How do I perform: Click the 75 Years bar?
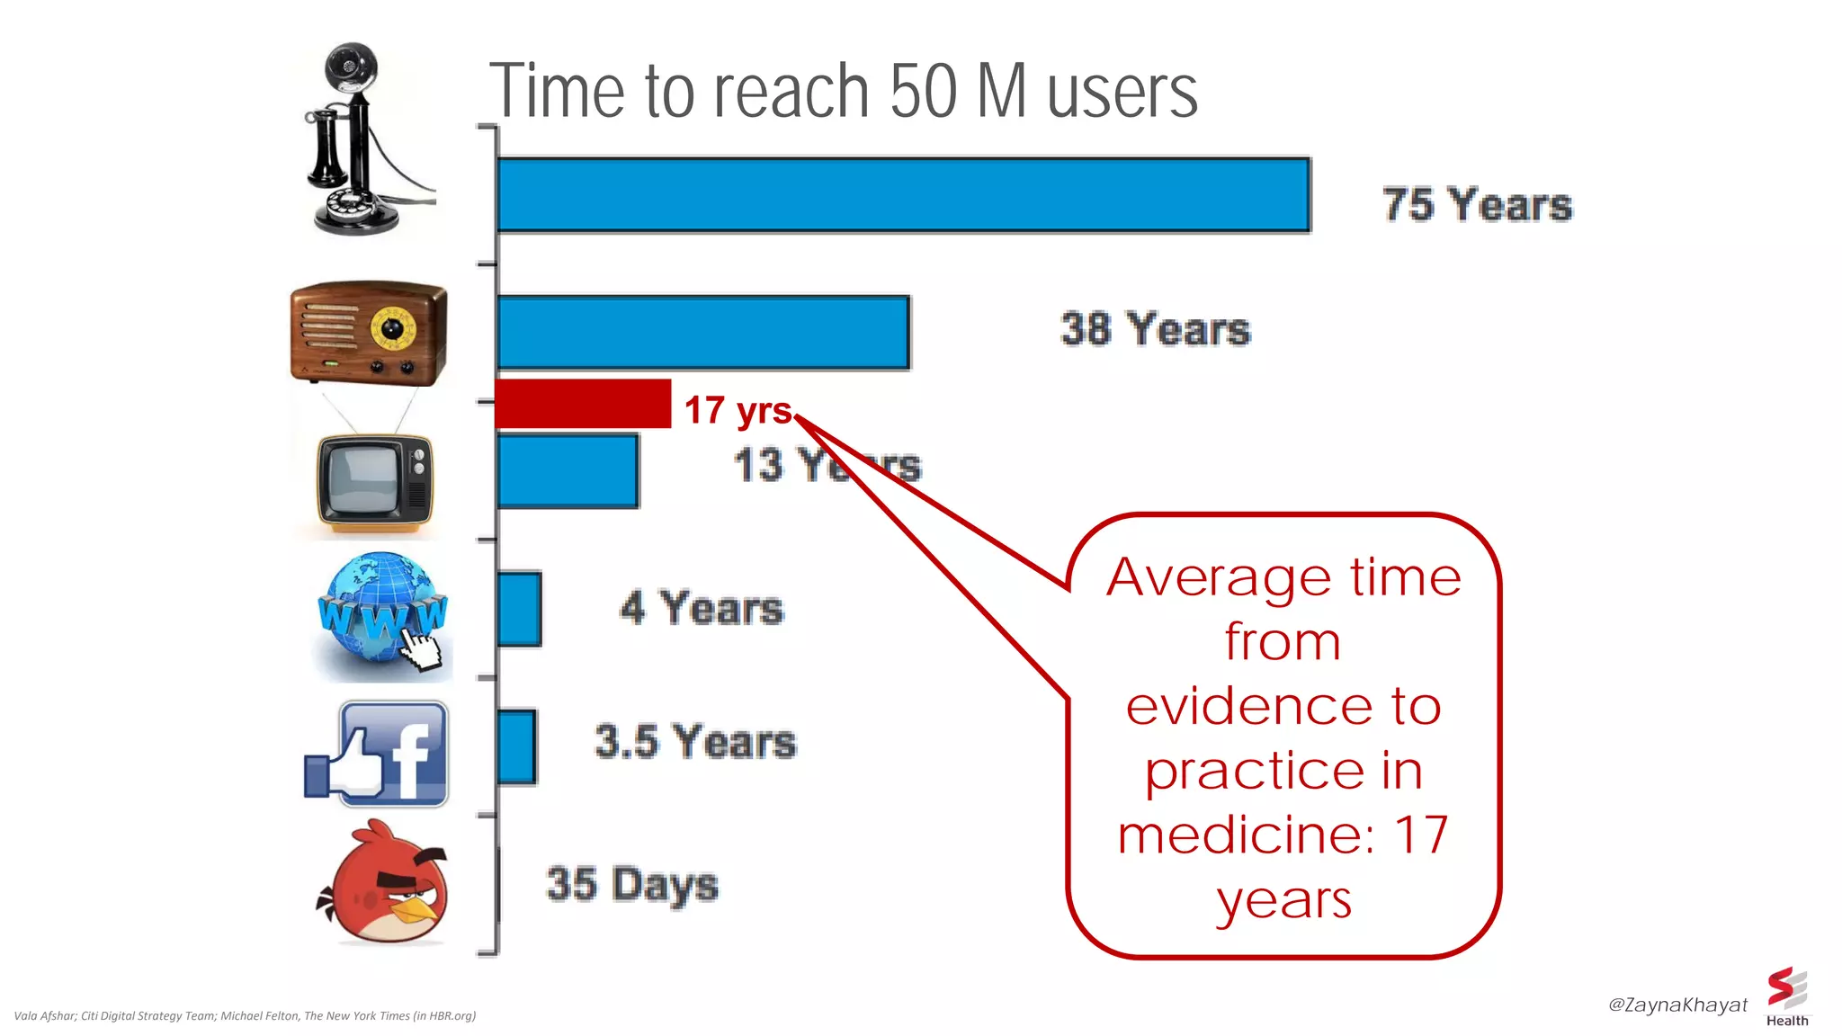tap(903, 195)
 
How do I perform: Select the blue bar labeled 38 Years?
tap(702, 333)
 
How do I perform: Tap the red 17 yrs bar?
tap(583, 404)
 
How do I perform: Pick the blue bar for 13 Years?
tap(568, 471)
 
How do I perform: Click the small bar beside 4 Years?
tap(519, 609)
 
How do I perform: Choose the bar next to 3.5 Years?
tap(516, 746)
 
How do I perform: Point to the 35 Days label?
tap(632, 884)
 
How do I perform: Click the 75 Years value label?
tap(1477, 204)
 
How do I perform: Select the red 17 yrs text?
tap(738, 410)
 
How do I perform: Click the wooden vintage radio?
tap(369, 332)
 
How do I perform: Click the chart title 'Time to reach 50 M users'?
tap(843, 91)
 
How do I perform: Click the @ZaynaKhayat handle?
tap(1677, 1005)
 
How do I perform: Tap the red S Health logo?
tap(1786, 995)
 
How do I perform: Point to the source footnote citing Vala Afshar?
tap(245, 1015)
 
